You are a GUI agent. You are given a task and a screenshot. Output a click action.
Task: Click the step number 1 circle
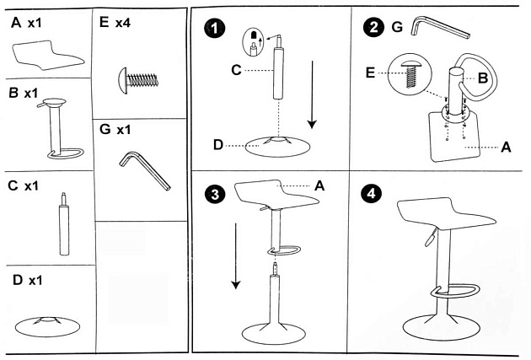tap(218, 29)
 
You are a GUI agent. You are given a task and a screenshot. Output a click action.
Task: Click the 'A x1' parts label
tap(27, 23)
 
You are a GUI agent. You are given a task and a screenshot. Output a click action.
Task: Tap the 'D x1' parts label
tap(27, 279)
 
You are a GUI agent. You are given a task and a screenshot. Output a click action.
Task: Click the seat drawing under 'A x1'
tap(48, 57)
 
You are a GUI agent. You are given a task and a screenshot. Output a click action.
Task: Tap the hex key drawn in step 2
tap(438, 31)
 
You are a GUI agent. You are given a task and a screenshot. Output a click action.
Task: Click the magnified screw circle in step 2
tap(410, 74)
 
